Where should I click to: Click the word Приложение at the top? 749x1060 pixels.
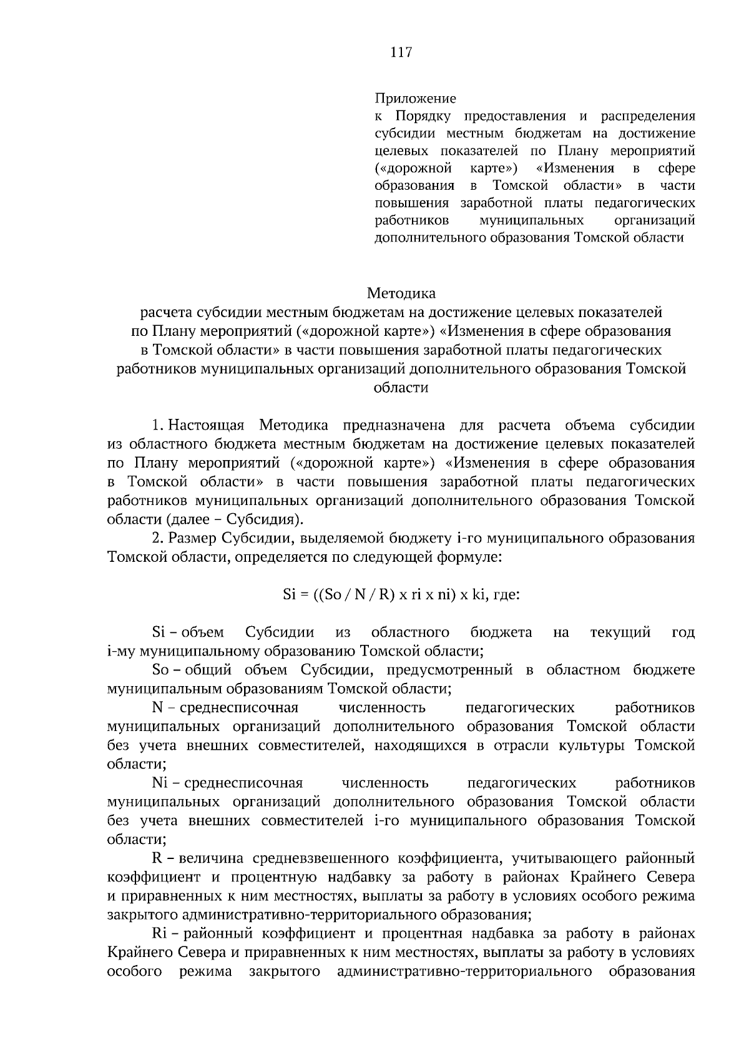(x=415, y=99)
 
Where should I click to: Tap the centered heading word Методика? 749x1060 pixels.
(x=401, y=293)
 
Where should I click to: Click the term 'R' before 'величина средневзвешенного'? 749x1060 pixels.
(x=157, y=858)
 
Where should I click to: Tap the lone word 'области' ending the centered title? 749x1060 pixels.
(x=401, y=388)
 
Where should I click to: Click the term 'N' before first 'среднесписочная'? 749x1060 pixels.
(x=157, y=707)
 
